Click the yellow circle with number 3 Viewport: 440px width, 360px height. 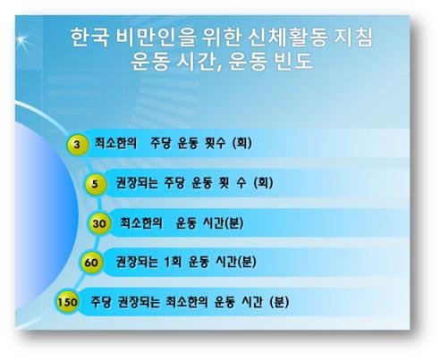pos(77,145)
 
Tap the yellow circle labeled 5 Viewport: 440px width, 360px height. pos(95,184)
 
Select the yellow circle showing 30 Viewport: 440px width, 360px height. pos(99,223)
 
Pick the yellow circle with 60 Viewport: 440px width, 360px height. pos(91,263)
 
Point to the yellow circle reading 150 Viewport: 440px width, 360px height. pos(67,302)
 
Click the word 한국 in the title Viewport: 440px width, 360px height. pos(89,38)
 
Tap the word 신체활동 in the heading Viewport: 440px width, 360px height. pos(288,38)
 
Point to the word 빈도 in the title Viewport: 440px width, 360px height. pos(294,62)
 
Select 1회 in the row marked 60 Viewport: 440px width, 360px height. pos(173,262)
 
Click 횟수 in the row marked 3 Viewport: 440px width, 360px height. pos(216,143)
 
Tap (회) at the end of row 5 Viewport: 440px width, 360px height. pos(263,182)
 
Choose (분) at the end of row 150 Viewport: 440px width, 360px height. pos(279,302)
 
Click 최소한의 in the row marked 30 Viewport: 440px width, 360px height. pos(141,222)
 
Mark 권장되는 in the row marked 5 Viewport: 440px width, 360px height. pos(137,183)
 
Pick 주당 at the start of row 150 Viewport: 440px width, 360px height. pos(101,302)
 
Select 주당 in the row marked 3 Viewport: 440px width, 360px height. pos(160,143)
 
